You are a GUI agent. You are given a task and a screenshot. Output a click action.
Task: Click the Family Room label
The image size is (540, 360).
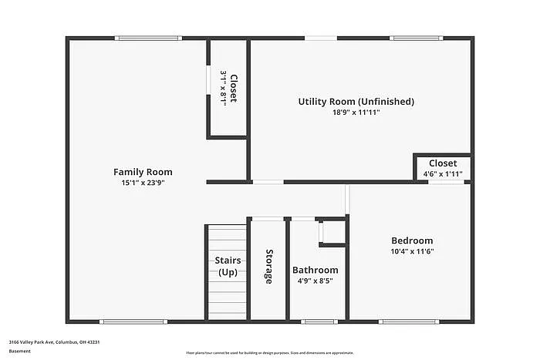(x=143, y=172)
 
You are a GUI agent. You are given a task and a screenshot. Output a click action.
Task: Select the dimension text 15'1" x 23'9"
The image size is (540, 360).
(x=143, y=183)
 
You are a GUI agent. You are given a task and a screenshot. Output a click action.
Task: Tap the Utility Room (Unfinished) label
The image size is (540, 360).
(x=356, y=101)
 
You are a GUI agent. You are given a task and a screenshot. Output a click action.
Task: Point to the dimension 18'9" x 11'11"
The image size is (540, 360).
(x=356, y=113)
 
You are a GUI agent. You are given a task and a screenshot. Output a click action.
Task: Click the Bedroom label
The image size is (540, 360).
(x=411, y=241)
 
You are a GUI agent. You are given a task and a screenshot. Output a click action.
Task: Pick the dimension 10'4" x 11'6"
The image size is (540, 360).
(x=411, y=251)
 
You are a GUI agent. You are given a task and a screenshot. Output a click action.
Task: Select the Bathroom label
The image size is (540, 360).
(x=315, y=270)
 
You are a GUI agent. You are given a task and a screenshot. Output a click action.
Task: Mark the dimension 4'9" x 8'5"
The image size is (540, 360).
(x=315, y=281)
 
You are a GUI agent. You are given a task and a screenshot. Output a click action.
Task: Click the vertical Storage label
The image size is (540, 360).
(x=269, y=266)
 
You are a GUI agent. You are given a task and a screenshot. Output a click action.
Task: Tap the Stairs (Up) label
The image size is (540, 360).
(x=228, y=267)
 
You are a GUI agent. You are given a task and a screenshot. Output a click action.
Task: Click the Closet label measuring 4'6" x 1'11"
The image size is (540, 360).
(x=443, y=163)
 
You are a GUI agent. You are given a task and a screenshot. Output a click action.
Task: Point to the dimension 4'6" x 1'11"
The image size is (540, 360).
(x=443, y=174)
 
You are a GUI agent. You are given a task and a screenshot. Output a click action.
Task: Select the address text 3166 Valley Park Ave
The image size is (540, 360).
(x=55, y=341)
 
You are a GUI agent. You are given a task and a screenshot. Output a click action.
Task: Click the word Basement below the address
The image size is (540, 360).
(x=20, y=351)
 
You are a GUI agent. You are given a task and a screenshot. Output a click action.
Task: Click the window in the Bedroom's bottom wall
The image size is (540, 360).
(x=409, y=321)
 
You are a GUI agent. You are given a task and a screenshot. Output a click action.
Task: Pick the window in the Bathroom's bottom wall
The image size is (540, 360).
(x=318, y=321)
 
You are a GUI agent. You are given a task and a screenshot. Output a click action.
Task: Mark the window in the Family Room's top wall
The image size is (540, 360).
(x=148, y=38)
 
